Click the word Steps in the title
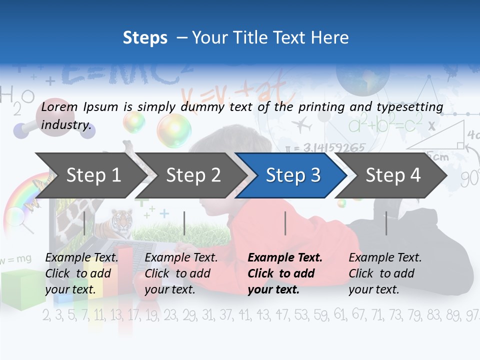pos(145,37)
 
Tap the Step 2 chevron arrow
pos(193,175)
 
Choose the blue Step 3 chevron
pos(293,175)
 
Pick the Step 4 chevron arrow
pos(393,175)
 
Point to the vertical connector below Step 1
pos(84,223)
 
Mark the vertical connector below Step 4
pos(386,223)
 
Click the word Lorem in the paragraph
pos(59,106)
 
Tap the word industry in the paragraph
pos(66,125)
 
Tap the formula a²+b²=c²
pos(385,123)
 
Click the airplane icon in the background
pos(302,124)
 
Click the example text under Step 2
pos(181,273)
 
